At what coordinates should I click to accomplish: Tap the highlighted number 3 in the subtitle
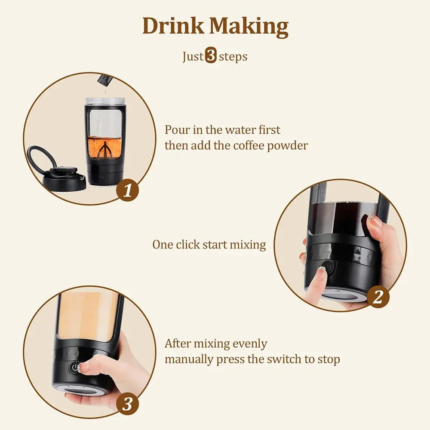[x=211, y=56]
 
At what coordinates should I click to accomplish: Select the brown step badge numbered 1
[x=128, y=190]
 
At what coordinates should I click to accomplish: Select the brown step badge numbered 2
[x=378, y=297]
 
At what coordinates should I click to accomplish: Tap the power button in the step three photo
[x=75, y=368]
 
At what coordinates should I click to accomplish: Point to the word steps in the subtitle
[x=233, y=57]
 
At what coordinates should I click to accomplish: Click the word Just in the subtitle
[x=193, y=57]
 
